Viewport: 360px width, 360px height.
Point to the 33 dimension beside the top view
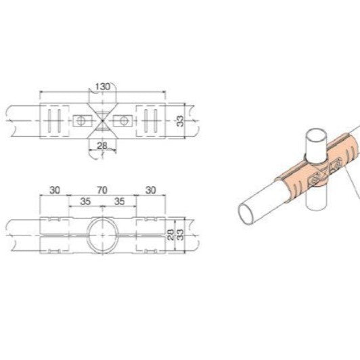click(180, 121)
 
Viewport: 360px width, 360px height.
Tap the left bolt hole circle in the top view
click(81, 120)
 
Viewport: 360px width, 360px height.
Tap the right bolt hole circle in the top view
click(122, 120)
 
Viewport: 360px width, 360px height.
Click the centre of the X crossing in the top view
click(102, 120)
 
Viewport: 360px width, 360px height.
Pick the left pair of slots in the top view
click(55, 120)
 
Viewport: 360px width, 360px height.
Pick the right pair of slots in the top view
click(148, 120)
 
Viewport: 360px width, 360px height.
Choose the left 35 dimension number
click(85, 202)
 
